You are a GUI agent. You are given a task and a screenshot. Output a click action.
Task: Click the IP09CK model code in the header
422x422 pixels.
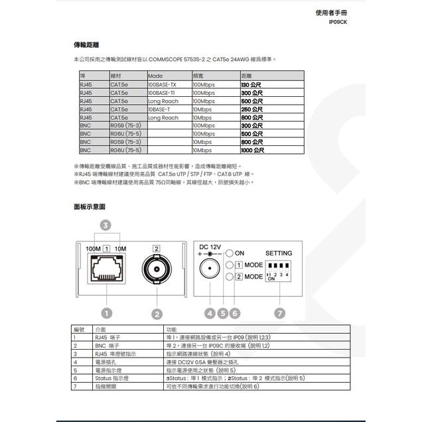pos(338,22)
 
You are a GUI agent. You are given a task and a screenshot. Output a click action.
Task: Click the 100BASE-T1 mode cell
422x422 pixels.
pos(162,93)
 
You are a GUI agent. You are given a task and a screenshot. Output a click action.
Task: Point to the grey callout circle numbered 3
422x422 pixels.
pos(105,226)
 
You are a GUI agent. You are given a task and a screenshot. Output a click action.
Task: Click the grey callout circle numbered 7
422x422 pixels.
pos(279,313)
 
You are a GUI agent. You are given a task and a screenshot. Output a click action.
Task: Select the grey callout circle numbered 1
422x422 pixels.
pos(105,313)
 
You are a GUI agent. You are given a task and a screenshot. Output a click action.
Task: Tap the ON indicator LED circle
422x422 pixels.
pos(229,253)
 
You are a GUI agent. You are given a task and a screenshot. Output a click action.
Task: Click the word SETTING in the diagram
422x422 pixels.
pos(279,253)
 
